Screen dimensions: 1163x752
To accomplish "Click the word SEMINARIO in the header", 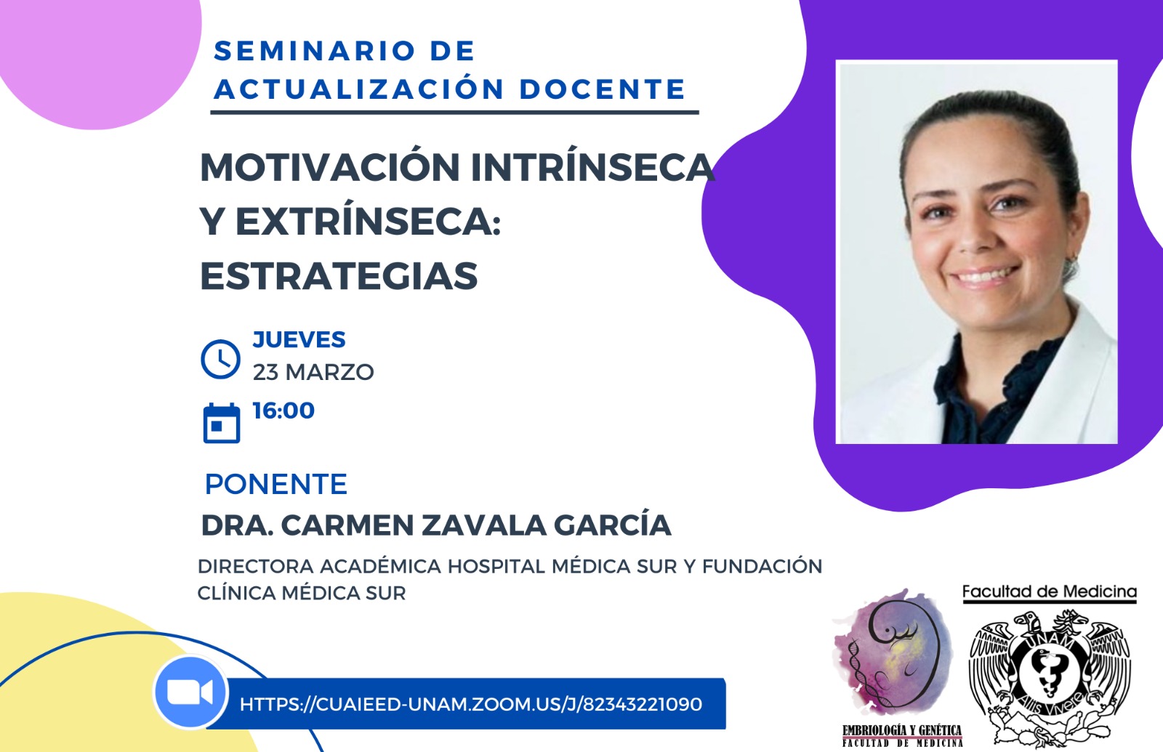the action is (x=315, y=51).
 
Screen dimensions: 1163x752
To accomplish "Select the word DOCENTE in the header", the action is (x=603, y=89).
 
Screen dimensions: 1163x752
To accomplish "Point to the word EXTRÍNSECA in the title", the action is (x=368, y=220).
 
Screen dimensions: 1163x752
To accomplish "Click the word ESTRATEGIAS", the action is (x=339, y=275).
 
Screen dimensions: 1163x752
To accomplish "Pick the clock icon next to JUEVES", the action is (x=221, y=359).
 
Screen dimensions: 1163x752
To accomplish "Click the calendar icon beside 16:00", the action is (x=222, y=423).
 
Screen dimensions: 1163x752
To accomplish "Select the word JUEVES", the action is (x=299, y=340).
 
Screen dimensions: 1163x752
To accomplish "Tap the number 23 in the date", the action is (x=265, y=372).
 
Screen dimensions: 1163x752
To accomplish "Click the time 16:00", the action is (x=283, y=411).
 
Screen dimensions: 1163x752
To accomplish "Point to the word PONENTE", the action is (x=276, y=484).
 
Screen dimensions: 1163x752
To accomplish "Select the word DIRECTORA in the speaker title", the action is (x=256, y=566).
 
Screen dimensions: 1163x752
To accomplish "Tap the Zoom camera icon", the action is (x=190, y=692).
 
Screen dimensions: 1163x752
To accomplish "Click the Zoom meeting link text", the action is (x=471, y=704).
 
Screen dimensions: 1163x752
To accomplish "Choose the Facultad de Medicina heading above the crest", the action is (x=1050, y=591).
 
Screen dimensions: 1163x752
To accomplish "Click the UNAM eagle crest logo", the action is (x=1050, y=677).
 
